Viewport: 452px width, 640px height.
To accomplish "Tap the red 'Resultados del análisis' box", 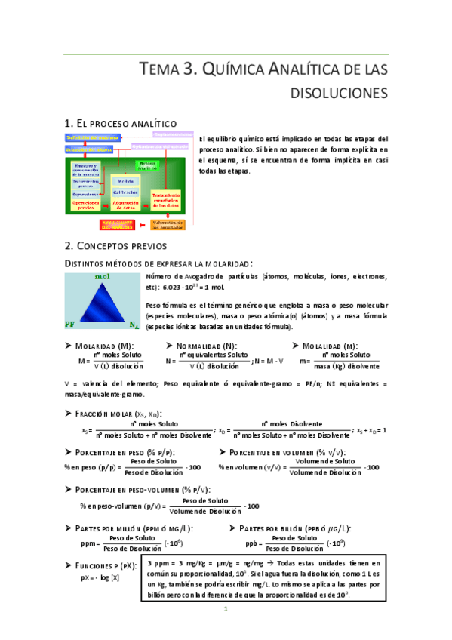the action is (x=120, y=224).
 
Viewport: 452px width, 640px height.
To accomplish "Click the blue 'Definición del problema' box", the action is (x=92, y=137).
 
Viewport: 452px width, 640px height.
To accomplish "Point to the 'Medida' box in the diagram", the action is (x=125, y=180).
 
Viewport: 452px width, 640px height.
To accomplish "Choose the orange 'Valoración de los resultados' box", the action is (x=168, y=224).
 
